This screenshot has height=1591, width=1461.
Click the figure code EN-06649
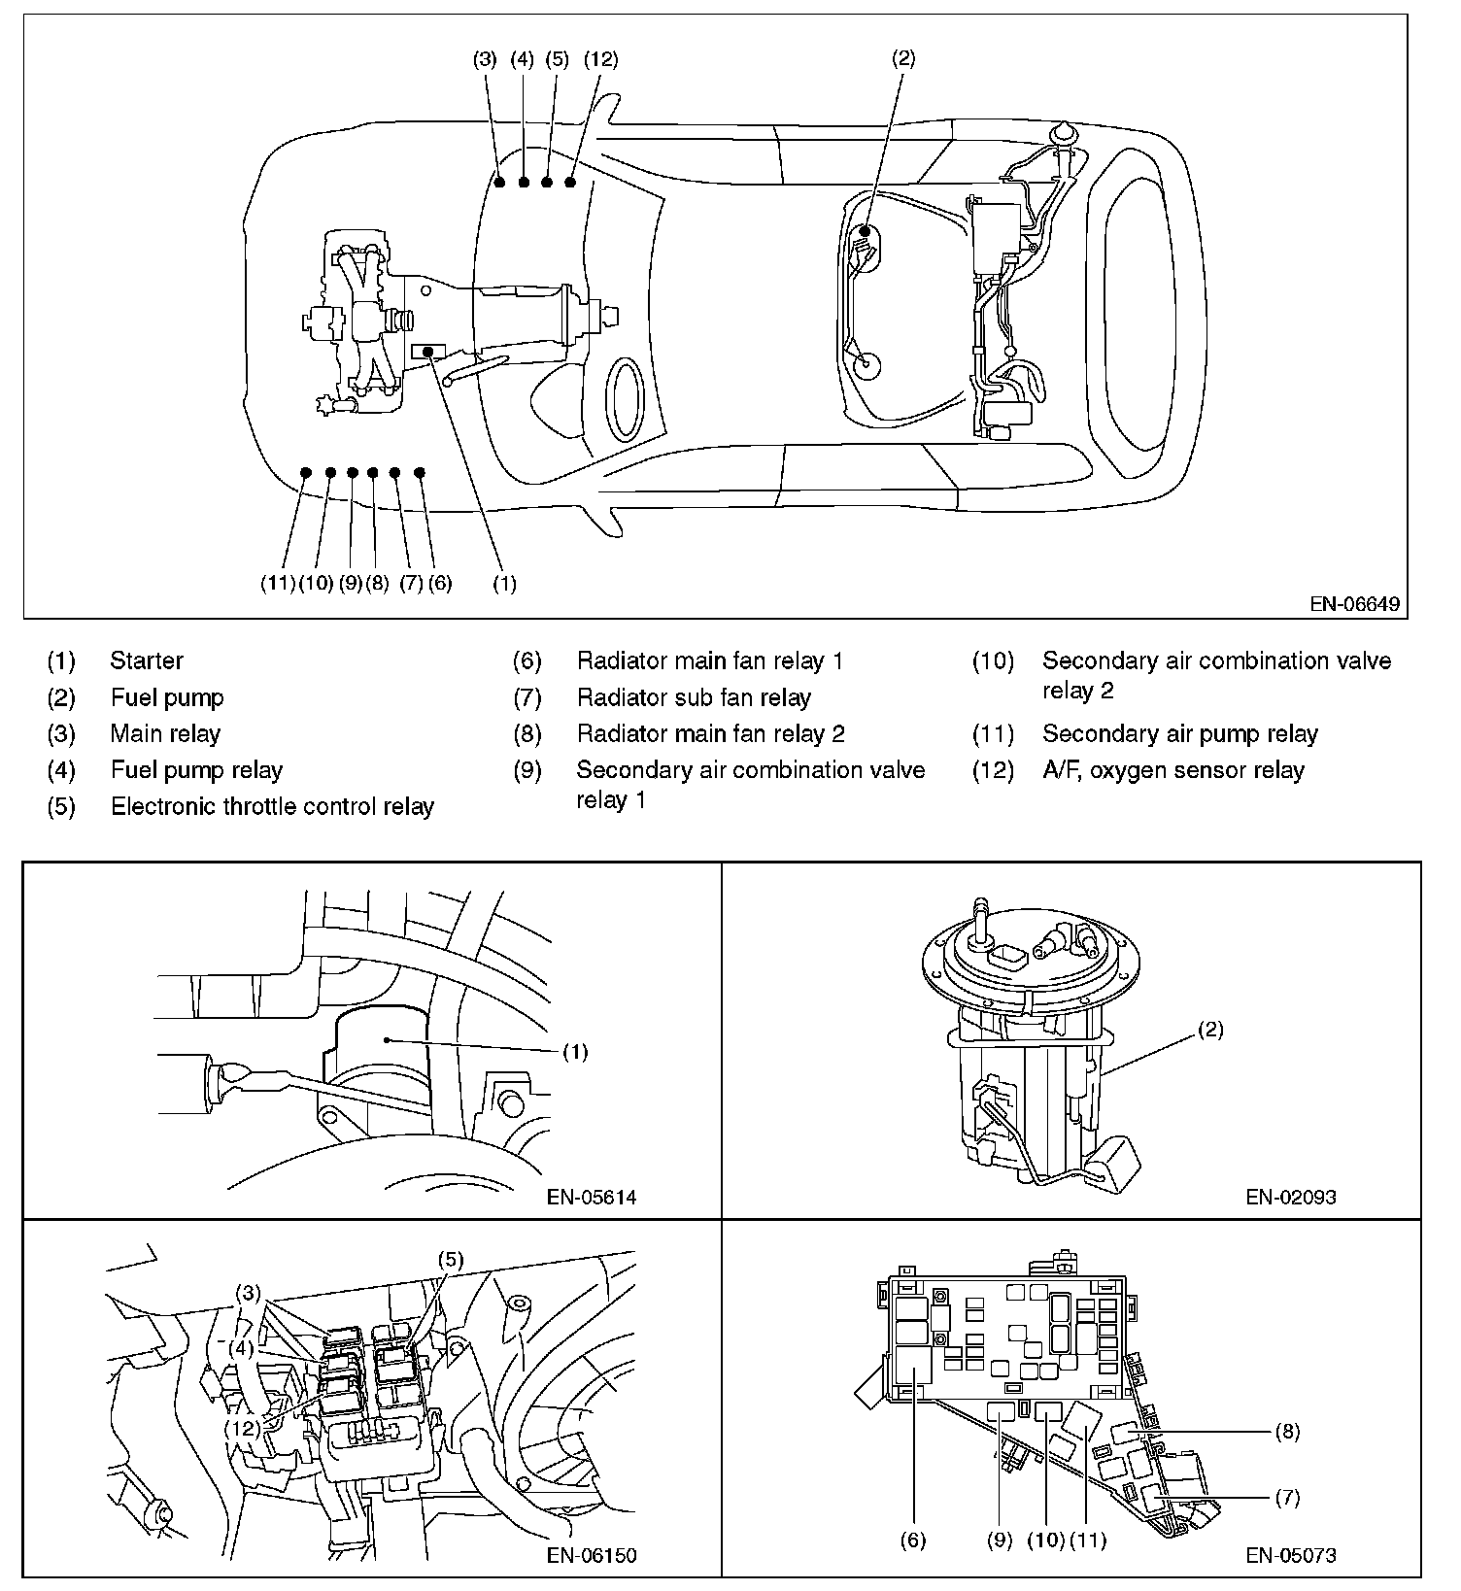[x=1354, y=604]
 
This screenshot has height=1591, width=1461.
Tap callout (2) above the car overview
[x=902, y=58]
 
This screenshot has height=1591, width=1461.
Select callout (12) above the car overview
[x=600, y=59]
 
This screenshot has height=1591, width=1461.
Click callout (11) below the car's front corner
[x=278, y=584]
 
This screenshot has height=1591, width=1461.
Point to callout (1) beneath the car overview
[x=504, y=584]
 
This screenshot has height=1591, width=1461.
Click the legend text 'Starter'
[x=147, y=660]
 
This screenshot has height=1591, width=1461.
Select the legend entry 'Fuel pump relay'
[x=196, y=770]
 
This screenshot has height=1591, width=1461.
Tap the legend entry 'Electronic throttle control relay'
[x=272, y=806]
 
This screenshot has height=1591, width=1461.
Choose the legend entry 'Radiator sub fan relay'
[x=694, y=697]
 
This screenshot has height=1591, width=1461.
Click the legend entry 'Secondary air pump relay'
[x=1179, y=733]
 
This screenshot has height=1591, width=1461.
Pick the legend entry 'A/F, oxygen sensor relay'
[x=1172, y=770]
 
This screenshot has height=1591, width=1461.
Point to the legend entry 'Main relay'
[x=165, y=733]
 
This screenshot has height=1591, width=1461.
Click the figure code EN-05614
[x=592, y=1197]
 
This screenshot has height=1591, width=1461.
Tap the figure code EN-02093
[x=1291, y=1197]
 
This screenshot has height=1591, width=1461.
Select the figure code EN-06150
[x=592, y=1555]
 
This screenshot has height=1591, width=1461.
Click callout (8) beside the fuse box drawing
[x=1287, y=1431]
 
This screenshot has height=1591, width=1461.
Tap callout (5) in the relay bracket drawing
[x=451, y=1260]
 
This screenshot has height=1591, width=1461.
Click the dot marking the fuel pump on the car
[x=865, y=230]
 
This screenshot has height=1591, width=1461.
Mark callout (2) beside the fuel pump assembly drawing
[x=1210, y=1031]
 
